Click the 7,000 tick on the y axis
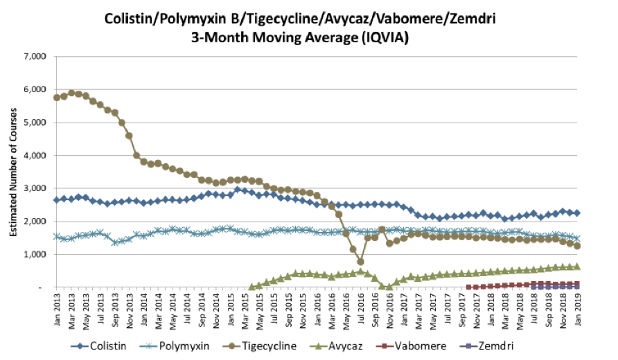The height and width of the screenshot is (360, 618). (33, 56)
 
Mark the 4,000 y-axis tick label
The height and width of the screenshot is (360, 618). (33, 155)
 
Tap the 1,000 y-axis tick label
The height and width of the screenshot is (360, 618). (33, 254)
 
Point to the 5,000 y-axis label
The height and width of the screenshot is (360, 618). (33, 123)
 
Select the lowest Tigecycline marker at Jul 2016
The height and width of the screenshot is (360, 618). (360, 262)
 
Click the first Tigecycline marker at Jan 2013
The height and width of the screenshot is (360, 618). (57, 98)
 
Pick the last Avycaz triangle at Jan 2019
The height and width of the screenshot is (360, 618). (577, 267)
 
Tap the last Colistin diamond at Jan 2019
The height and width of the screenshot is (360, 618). (577, 213)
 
